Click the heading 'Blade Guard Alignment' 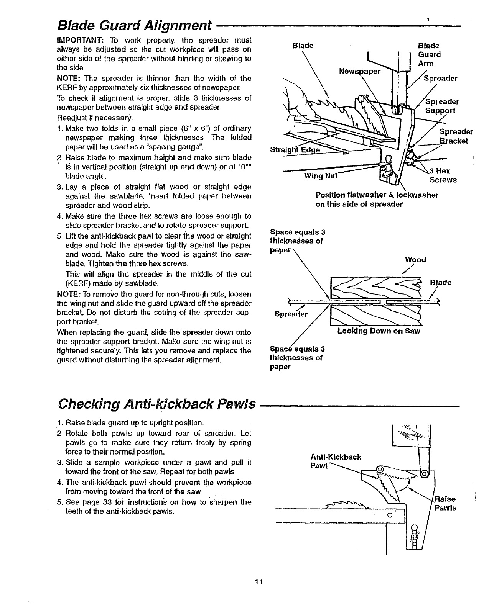coord(134,26)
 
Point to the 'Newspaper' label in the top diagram coord(359,71)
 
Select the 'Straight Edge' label coord(295,150)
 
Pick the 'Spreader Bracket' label coord(453,136)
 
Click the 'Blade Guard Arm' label coord(429,54)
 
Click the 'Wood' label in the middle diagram coord(415,260)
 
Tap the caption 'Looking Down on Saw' coord(379,331)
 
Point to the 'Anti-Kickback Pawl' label coord(335,461)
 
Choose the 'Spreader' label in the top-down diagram coord(291,314)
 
